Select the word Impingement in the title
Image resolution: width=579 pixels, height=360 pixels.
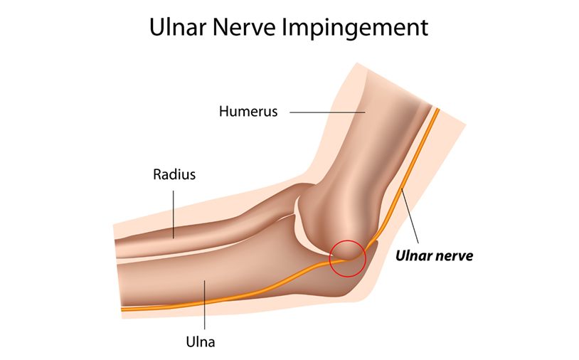coord(355,28)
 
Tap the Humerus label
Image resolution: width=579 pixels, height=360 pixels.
coord(248,111)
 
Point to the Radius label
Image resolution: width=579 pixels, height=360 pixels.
coord(174,174)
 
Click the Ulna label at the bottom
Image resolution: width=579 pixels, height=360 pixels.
coord(201,342)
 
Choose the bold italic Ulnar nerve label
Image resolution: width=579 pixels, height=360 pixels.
coord(434,255)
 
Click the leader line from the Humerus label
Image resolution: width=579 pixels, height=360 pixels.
coord(327,112)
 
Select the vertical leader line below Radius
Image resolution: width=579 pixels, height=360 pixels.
coord(174,215)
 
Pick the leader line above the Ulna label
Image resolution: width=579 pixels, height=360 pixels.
coord(205,305)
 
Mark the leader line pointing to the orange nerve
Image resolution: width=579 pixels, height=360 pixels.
coord(410,216)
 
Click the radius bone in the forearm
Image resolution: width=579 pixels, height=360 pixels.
coord(207,229)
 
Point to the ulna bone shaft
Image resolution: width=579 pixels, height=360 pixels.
coord(221,277)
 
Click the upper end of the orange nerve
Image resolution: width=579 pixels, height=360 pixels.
coord(437,110)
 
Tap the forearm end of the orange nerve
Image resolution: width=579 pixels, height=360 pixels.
coord(123,309)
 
